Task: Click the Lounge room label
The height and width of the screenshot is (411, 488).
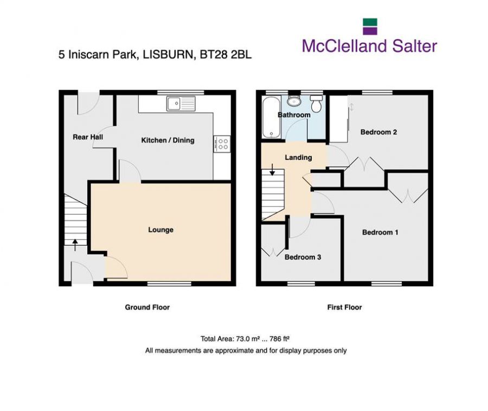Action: point(160,230)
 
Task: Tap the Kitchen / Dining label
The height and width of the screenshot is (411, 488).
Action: point(168,140)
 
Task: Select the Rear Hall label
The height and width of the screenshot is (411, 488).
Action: point(88,137)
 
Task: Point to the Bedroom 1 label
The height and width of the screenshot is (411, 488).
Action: point(380,232)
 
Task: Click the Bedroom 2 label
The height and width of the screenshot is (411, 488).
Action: point(380,132)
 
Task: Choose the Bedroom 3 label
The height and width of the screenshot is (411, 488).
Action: point(303,257)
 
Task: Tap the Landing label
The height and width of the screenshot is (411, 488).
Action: point(298,158)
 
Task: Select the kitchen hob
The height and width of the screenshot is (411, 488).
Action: point(222,143)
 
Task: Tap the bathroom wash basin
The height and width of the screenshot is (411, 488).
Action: point(294,101)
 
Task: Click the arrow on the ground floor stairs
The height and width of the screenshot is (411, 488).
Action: point(75,242)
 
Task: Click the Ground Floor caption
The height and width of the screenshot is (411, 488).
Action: point(147,307)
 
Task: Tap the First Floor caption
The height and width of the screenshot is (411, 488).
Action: point(344,307)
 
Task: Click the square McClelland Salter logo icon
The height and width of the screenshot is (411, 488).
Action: point(370,27)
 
